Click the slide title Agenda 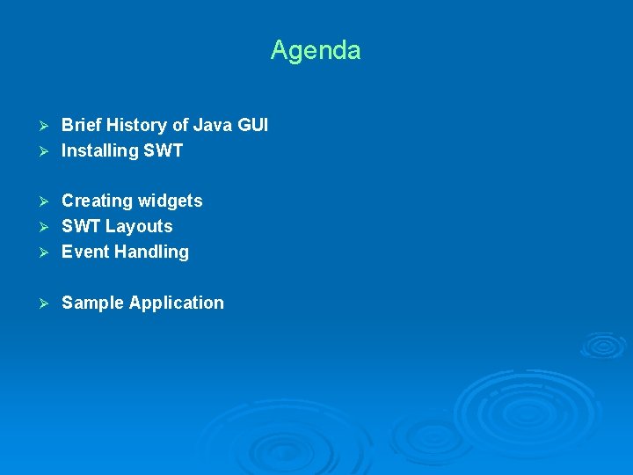316,50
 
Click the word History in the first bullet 138,126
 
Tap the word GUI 252,126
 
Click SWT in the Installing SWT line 164,151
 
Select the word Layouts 139,227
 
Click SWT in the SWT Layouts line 81,227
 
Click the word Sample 92,303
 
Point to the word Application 177,303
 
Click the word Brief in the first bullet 82,126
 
